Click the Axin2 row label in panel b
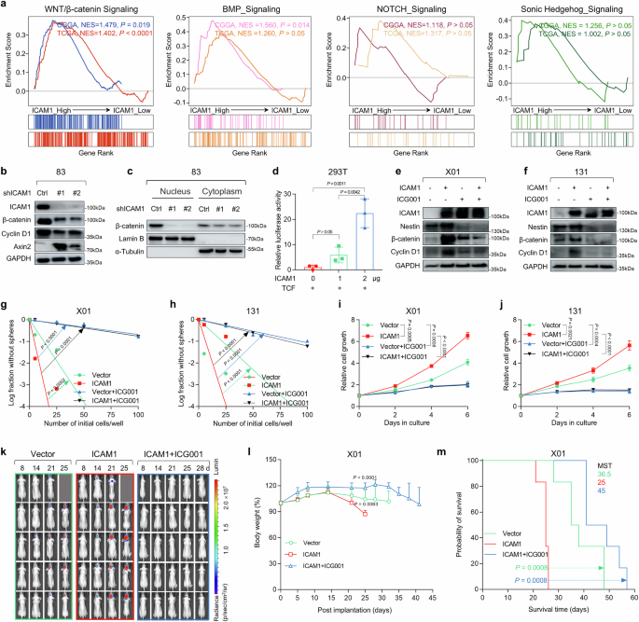(21, 223)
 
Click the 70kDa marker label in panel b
(119, 224)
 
